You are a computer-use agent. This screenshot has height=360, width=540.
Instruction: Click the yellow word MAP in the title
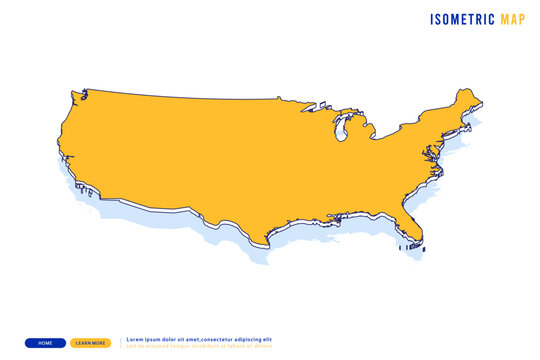[x=512, y=18]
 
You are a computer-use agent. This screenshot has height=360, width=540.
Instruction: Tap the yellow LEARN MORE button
[x=91, y=343]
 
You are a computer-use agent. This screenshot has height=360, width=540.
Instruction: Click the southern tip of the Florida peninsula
[x=419, y=245]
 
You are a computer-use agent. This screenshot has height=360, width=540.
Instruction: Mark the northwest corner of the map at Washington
[x=74, y=93]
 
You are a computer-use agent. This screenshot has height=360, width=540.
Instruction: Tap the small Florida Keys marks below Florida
[x=408, y=247]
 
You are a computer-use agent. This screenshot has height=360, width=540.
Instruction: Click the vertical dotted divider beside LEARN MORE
[x=121, y=343]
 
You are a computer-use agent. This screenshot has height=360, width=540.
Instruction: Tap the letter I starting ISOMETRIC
[x=433, y=18]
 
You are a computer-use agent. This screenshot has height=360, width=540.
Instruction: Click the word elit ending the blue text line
[x=266, y=340]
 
